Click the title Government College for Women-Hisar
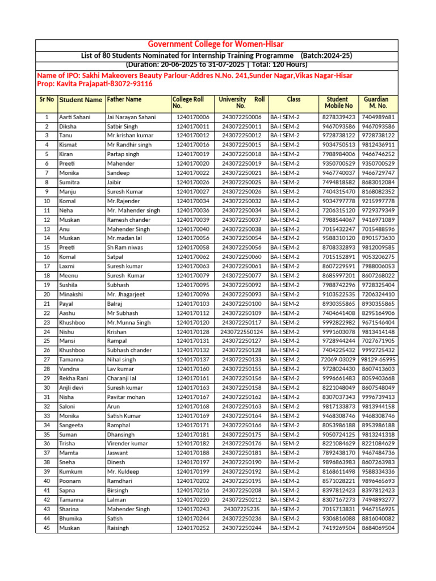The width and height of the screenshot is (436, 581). (216, 44)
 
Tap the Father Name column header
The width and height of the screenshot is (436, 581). (124, 99)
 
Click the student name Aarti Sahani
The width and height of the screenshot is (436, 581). (74, 117)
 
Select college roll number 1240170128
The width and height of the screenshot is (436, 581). (193, 331)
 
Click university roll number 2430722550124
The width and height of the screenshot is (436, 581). (242, 331)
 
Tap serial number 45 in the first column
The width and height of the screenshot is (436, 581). (47, 528)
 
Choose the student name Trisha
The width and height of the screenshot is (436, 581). (67, 444)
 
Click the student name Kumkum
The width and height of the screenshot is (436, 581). (71, 472)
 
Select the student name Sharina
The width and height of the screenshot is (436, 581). (70, 510)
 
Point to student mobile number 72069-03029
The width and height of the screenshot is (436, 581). (338, 360)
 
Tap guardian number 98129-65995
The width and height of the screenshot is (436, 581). (379, 360)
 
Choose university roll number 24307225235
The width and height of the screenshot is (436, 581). (242, 510)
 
